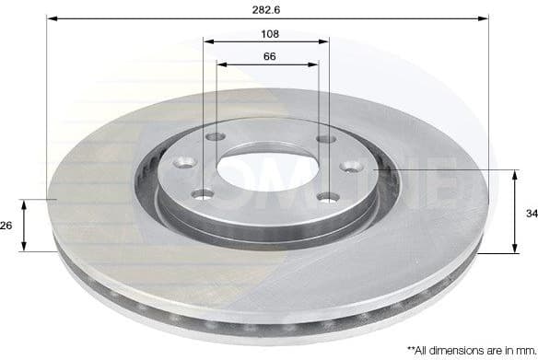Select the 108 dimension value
(269, 33)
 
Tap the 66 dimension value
(269, 56)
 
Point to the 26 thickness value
(7, 225)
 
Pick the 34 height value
(531, 213)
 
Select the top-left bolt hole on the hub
(216, 137)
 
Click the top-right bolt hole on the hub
(323, 139)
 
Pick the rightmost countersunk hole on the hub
(351, 167)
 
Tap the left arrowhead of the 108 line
(207, 41)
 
